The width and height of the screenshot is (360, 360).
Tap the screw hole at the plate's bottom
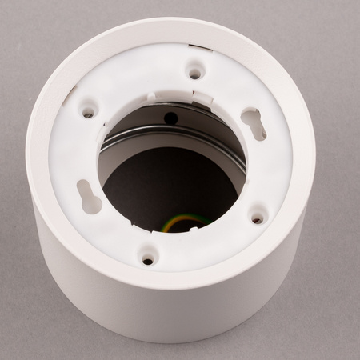[148, 259]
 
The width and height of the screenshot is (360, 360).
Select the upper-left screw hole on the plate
[88, 113]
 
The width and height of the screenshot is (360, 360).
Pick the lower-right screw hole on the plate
[257, 217]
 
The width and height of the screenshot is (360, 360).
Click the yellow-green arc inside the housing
[182, 221]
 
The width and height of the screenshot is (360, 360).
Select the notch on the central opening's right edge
[246, 179]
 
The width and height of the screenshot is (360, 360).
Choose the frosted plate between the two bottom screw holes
[204, 244]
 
